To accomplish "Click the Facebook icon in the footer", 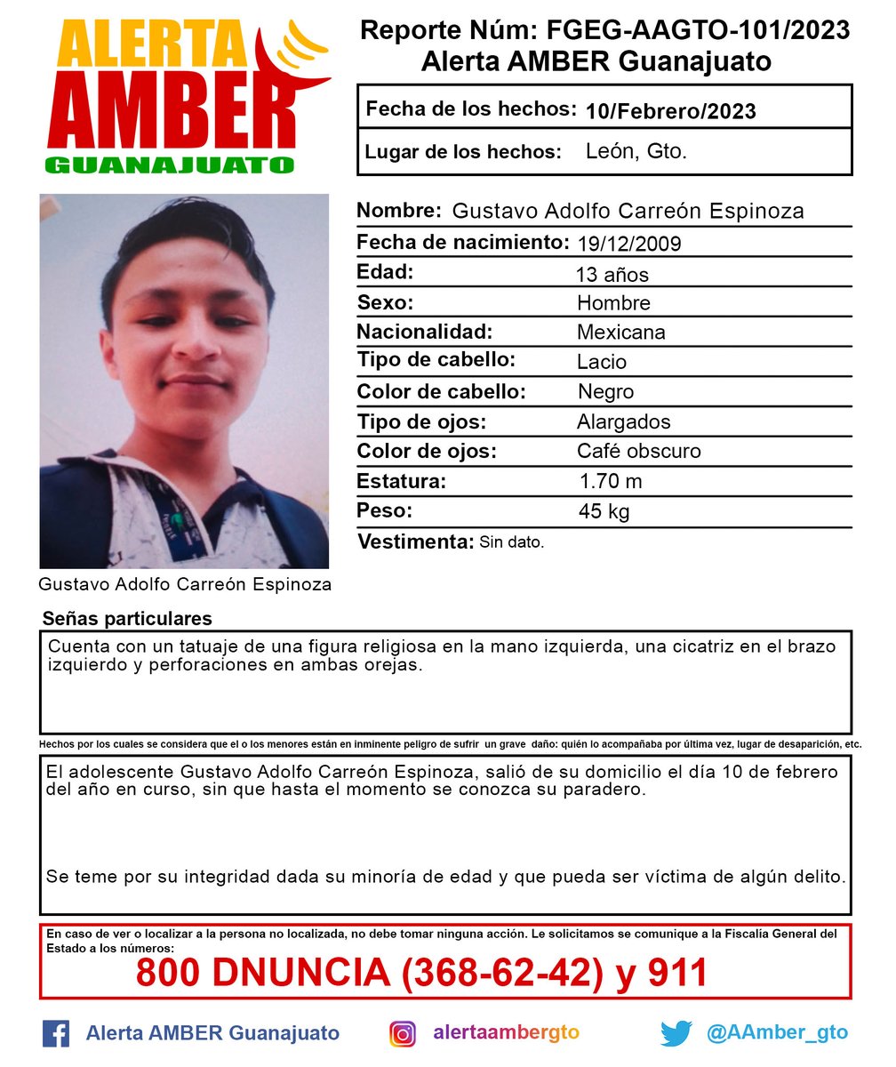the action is click(x=56, y=1033).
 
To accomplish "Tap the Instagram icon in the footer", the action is click(x=403, y=1033).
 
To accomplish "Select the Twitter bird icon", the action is click(x=676, y=1033).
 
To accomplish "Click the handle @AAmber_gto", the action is click(x=777, y=1033).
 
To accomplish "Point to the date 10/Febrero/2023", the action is click(x=671, y=111).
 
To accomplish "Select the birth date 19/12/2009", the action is click(x=628, y=244).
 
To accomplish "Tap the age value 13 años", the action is click(x=612, y=274).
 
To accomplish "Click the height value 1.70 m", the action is click(x=610, y=482).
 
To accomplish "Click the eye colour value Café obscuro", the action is click(x=638, y=451).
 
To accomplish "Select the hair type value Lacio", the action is click(x=602, y=362).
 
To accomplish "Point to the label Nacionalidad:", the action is click(x=425, y=333).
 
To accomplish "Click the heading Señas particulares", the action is click(x=127, y=618).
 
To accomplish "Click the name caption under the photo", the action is click(x=185, y=584).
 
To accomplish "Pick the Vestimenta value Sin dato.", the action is click(x=511, y=542).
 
